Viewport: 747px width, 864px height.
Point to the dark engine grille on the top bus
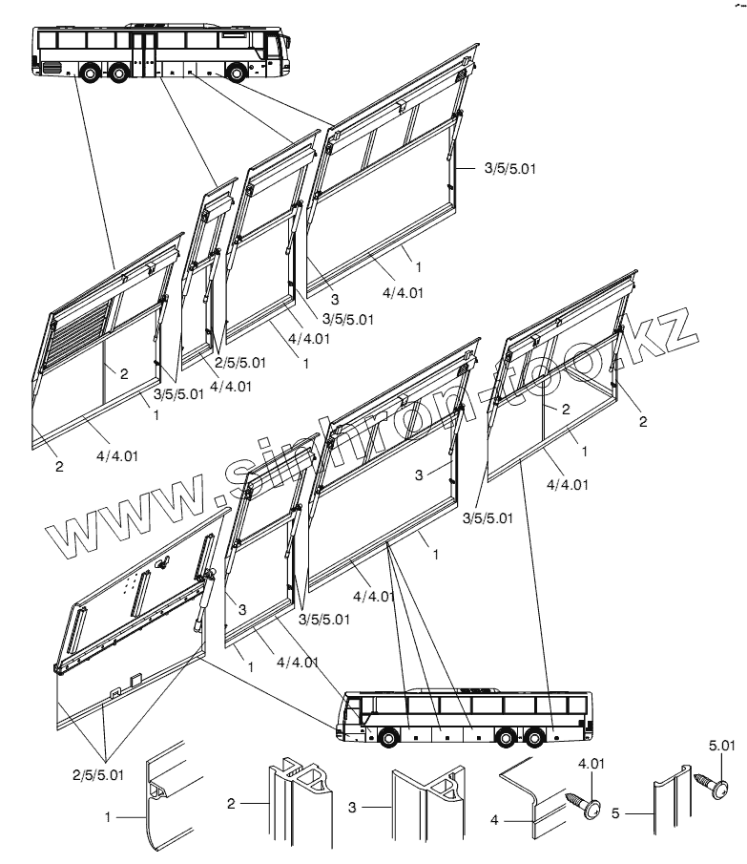click(51, 69)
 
